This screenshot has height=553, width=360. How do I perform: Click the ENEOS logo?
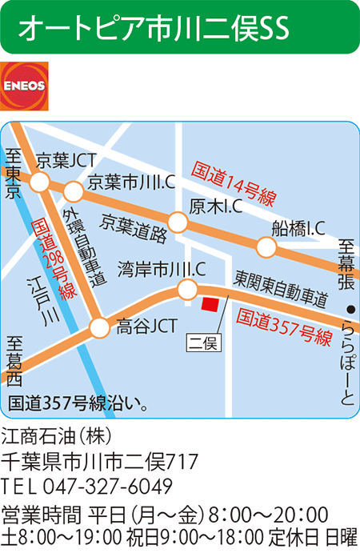point(24,86)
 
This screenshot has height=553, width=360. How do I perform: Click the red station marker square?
point(210,305)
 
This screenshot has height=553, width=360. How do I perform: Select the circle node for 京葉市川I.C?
point(74,192)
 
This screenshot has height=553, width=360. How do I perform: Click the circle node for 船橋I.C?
point(264,248)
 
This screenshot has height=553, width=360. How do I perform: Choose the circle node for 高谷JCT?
point(99,327)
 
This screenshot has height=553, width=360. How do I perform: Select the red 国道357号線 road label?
point(285,327)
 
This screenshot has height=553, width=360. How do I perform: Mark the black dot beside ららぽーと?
point(349,309)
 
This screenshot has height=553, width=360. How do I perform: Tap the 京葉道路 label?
point(134,228)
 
